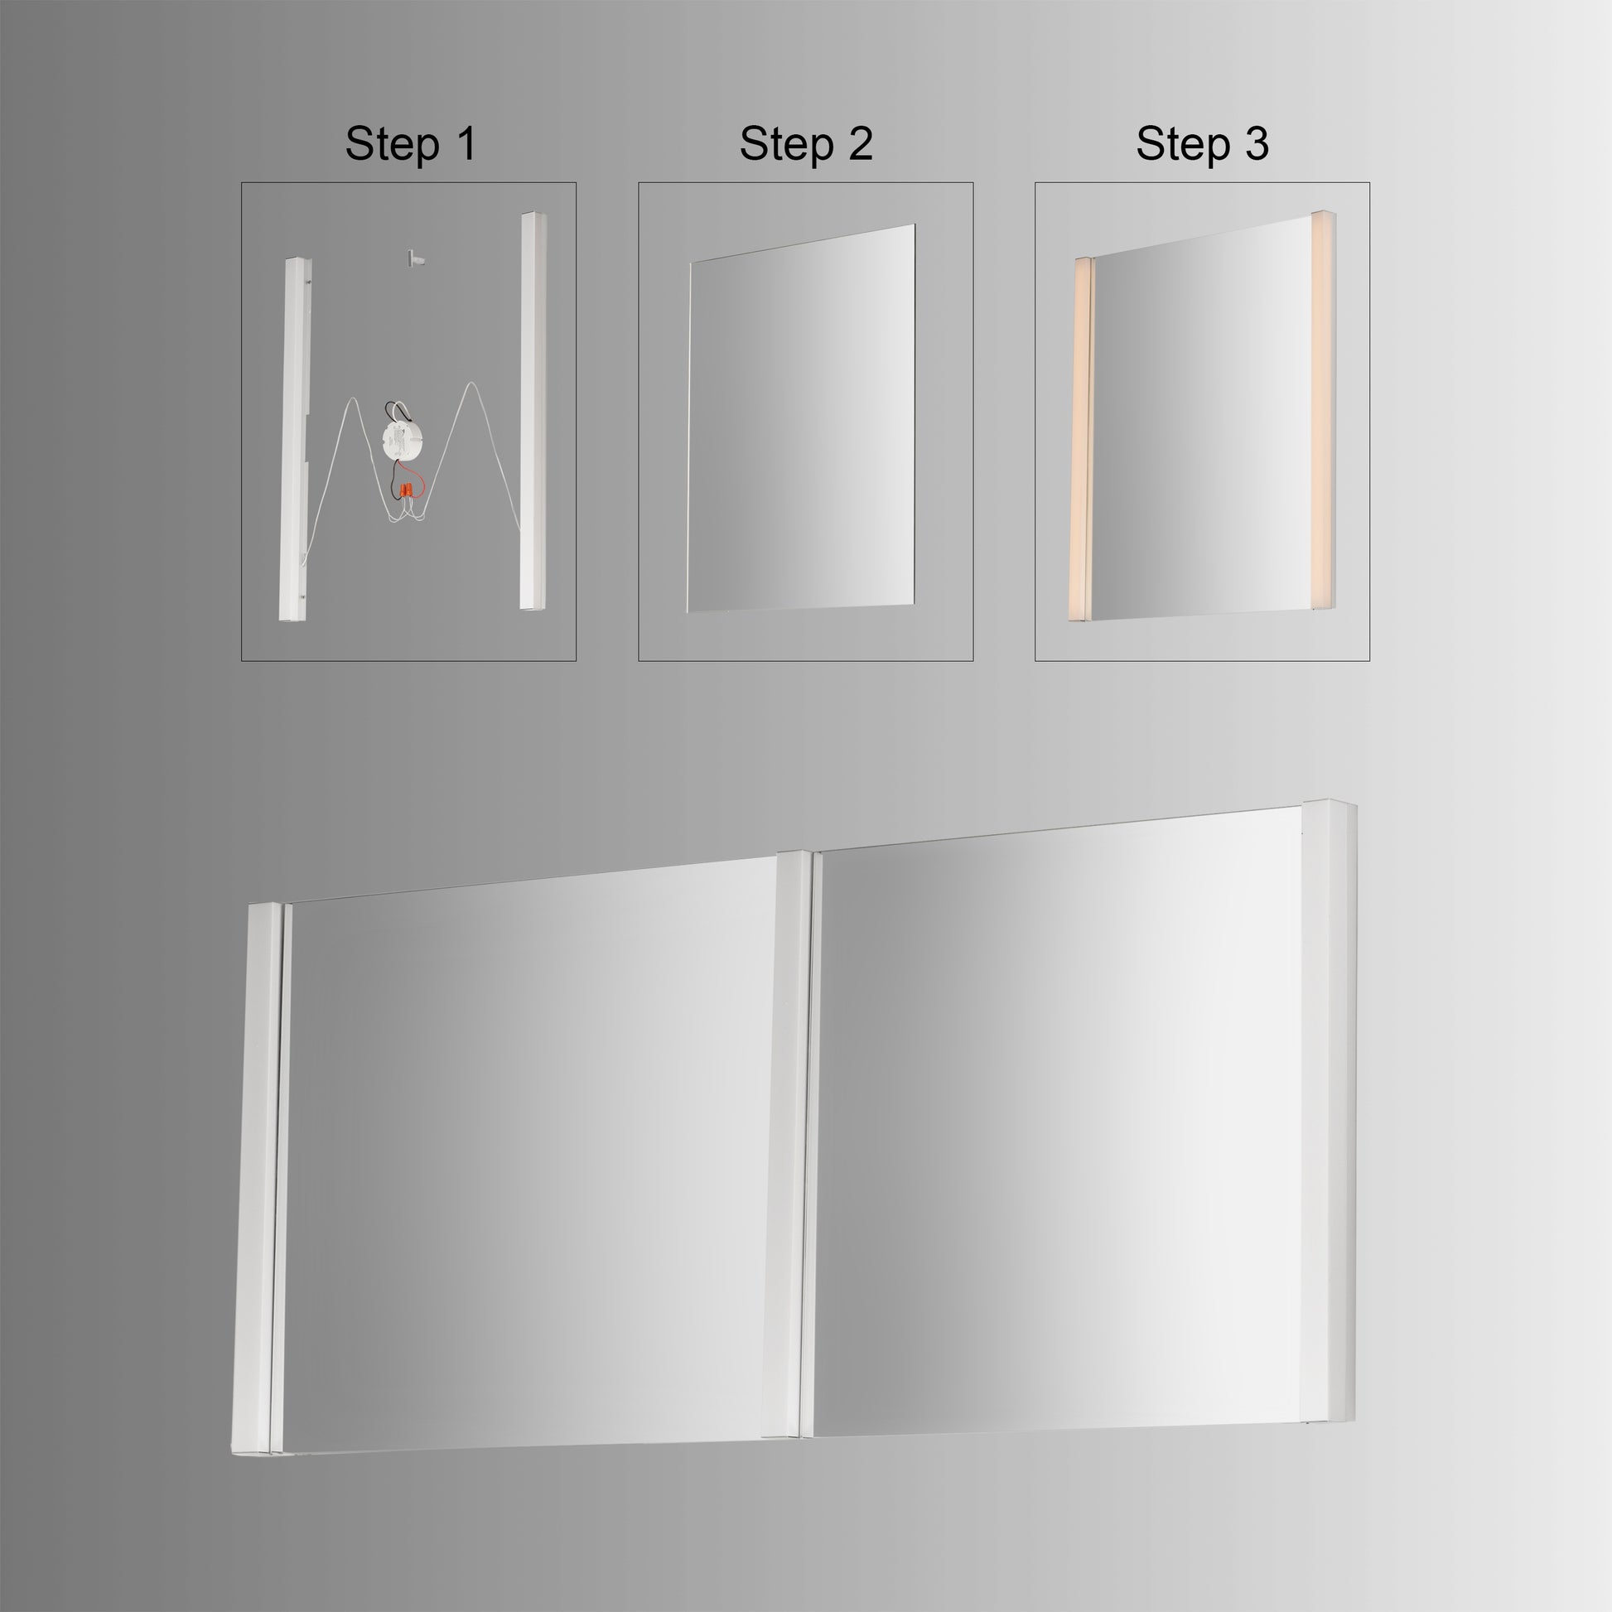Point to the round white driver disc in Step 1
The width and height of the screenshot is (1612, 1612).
402,439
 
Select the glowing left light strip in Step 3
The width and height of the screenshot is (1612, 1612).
1081,438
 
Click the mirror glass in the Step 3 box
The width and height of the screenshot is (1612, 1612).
1201,422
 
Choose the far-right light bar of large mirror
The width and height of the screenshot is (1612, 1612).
1327,1059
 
